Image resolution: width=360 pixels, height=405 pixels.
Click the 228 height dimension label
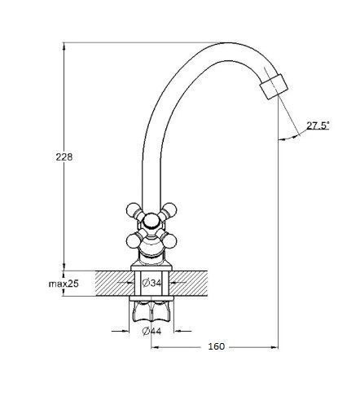click(x=64, y=157)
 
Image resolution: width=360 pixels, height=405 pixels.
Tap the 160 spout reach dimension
click(x=217, y=346)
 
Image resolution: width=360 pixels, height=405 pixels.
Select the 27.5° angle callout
click(x=318, y=125)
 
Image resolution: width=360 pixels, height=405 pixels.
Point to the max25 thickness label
click(x=64, y=284)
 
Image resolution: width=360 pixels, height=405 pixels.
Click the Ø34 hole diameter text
click(x=151, y=283)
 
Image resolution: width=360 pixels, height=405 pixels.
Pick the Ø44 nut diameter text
click(x=151, y=331)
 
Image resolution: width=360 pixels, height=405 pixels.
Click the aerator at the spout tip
click(x=274, y=86)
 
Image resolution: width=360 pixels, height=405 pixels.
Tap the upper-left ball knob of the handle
click(x=133, y=209)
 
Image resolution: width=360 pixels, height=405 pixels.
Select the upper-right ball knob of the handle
click(x=170, y=209)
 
